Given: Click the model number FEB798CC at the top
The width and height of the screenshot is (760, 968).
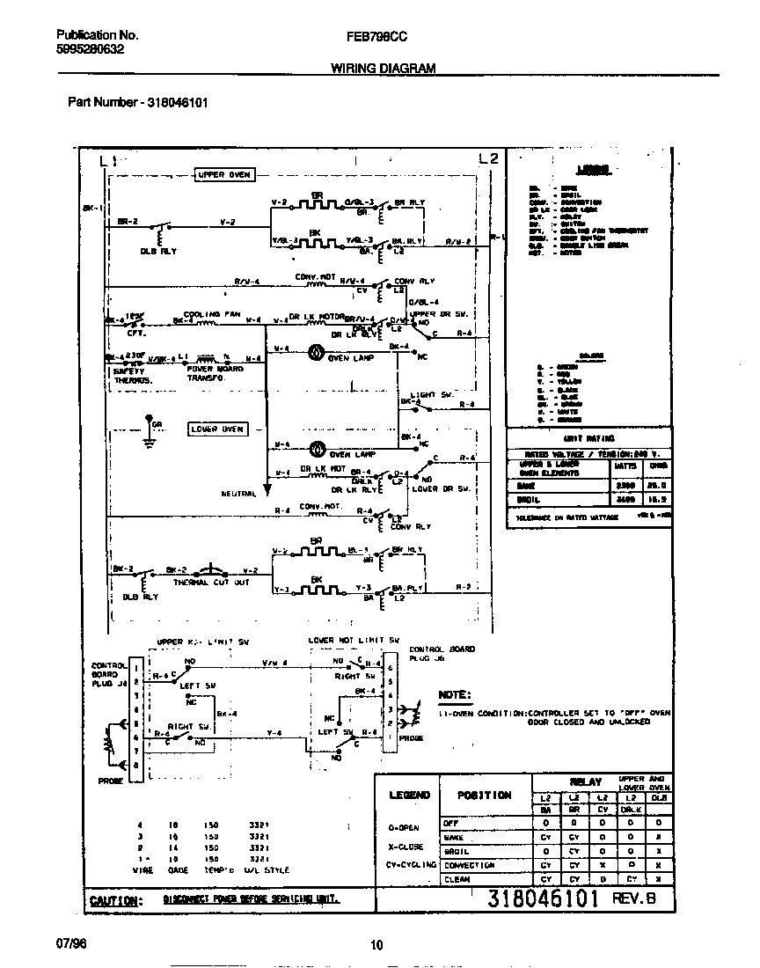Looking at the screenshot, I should tap(377, 36).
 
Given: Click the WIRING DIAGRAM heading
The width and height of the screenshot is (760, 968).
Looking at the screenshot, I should tap(383, 68).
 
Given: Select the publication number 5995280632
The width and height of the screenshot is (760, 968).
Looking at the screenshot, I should tap(91, 50).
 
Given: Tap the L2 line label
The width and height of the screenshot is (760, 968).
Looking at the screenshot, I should tap(489, 158).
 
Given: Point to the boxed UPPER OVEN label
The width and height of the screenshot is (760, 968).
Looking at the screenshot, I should tap(223, 175).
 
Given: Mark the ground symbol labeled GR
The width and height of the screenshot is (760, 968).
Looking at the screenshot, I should tap(150, 435).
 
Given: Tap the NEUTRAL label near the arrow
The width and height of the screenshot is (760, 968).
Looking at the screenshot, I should tap(238, 494).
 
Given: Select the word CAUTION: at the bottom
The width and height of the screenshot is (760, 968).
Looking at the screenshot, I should tap(114, 901).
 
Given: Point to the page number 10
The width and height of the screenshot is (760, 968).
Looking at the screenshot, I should tap(376, 945).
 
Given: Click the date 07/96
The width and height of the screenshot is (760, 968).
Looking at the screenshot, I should tap(72, 943).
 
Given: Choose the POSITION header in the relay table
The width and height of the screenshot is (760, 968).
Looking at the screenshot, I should tap(484, 796).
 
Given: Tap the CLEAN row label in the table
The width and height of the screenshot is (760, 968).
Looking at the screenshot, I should tap(457, 879).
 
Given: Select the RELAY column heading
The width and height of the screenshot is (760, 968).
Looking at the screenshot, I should tap(585, 781).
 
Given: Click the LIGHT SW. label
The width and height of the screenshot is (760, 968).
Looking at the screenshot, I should tap(432, 395).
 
